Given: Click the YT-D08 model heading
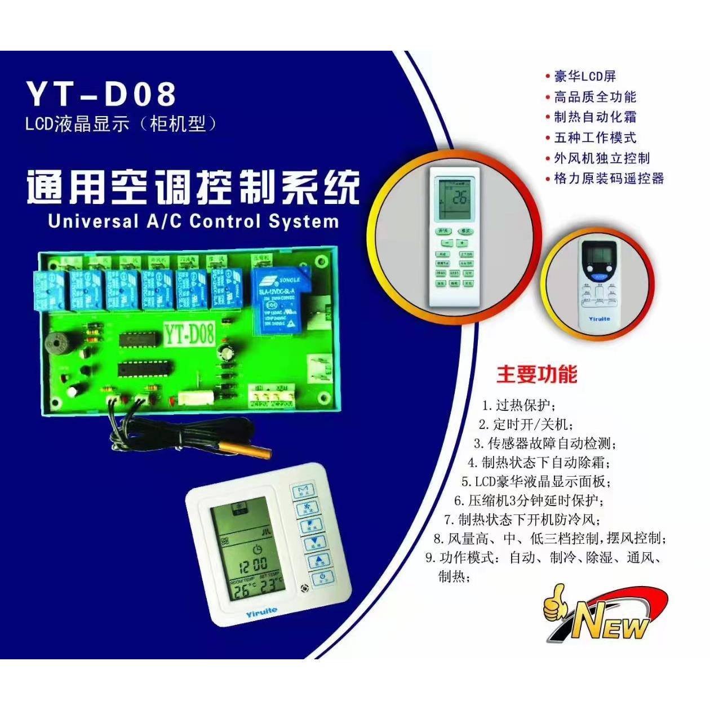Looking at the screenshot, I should click(101, 94).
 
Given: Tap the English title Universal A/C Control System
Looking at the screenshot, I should click(193, 221).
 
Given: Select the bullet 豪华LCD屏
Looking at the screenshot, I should click(585, 77).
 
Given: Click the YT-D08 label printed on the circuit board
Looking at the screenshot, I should click(189, 334).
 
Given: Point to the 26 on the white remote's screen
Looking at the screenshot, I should click(459, 198).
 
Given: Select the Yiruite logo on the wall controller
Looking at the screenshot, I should click(261, 611).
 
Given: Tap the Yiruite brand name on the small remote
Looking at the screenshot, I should click(599, 319).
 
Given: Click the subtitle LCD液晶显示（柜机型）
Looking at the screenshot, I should click(121, 124).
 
